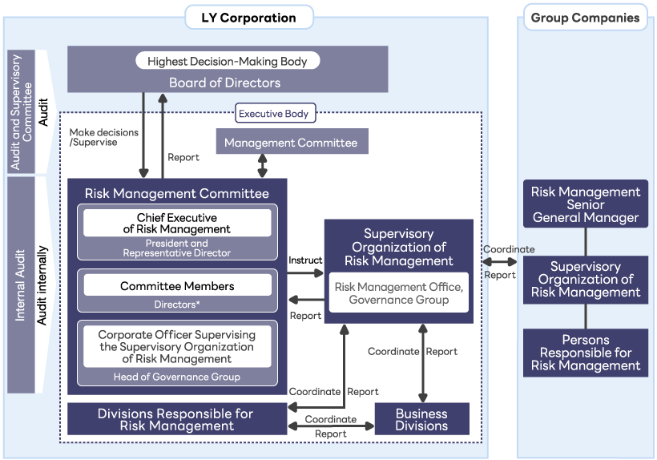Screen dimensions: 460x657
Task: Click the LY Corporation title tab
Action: point(248,17)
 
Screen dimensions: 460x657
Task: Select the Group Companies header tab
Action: point(585,17)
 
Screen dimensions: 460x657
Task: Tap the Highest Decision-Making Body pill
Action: point(228,61)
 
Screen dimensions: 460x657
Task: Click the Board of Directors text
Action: point(224,83)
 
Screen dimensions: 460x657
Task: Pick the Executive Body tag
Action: point(273,114)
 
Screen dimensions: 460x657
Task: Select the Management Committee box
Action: point(291,143)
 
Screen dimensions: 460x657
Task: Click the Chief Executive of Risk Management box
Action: point(177,223)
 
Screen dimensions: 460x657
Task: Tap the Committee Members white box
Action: point(177,286)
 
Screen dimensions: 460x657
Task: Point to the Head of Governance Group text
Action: point(177,377)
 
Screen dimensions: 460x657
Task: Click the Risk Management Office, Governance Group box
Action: point(398,293)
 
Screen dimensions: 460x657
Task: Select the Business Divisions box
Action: point(421,419)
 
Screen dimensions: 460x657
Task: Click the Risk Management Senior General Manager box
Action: point(586,204)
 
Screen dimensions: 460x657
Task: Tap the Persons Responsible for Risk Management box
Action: point(586,353)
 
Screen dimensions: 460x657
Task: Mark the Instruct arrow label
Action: point(305,260)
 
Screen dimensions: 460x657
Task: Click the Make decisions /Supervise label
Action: point(103,137)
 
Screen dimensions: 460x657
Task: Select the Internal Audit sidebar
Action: point(22,284)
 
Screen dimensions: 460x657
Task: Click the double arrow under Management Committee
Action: point(262,166)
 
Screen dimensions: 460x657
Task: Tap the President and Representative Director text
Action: point(177,248)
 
